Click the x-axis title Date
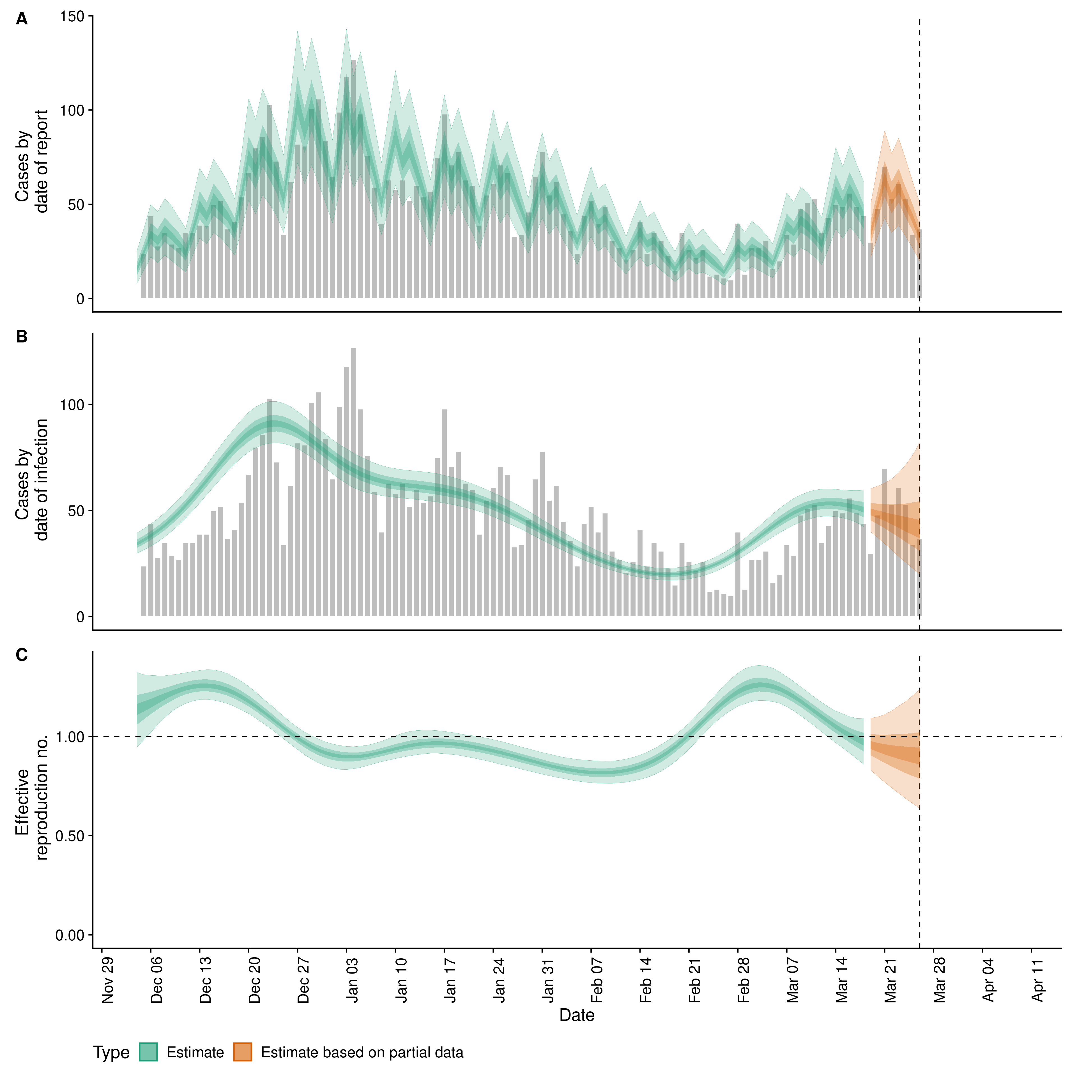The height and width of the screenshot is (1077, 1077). [x=577, y=1015]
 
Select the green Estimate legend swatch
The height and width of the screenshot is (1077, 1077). [x=148, y=1052]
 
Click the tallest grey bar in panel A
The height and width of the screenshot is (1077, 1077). [x=353, y=178]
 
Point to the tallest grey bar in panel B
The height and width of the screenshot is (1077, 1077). [x=353, y=482]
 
